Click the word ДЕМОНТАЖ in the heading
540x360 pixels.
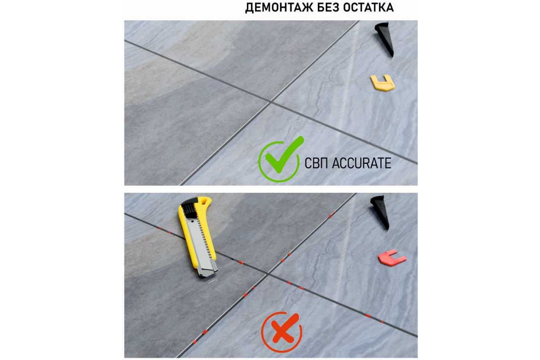pos(279,8)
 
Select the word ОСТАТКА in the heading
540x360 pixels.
pos(369,8)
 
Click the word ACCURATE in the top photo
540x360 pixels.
pos(362,163)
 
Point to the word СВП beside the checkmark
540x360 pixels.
pos(317,163)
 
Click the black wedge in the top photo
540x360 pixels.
pos(385,39)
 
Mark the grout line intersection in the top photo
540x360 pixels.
pos(270,102)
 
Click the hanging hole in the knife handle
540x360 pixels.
pos(205,200)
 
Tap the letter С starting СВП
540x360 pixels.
pos(308,163)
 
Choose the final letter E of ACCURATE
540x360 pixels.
pos(388,163)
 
